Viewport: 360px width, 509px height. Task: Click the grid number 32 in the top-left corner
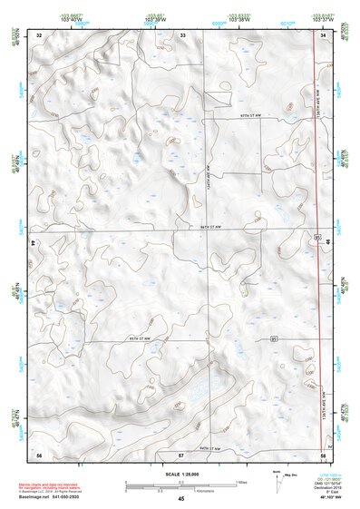tap(39, 35)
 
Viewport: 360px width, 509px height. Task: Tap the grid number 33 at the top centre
tap(182, 35)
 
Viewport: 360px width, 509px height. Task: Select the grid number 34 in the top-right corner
tap(324, 35)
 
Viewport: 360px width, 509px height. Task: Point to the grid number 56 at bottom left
tap(39, 453)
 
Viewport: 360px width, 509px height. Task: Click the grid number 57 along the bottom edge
tap(181, 453)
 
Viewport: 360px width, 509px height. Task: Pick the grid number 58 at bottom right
tap(324, 453)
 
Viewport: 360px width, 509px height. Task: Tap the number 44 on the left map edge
tap(33, 244)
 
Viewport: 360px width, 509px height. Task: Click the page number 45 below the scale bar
tap(181, 499)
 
